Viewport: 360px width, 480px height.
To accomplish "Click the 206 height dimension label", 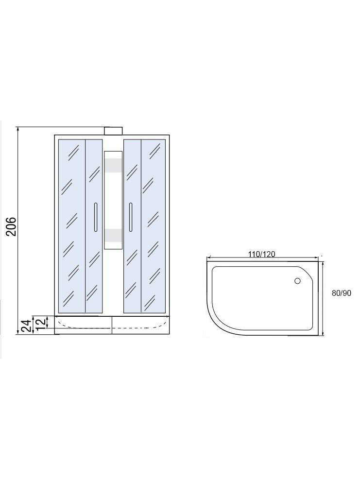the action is coord(11,226).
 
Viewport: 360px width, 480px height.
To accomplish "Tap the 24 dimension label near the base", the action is coord(26,326).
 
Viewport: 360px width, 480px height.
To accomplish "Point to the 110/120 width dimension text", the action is coord(262,254).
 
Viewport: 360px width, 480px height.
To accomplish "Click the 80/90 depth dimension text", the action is coord(342,293).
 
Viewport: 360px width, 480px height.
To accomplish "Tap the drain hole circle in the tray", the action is coord(297,280).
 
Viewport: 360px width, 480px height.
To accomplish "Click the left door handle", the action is coord(96,217).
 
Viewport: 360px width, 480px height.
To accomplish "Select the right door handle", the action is coord(131,217).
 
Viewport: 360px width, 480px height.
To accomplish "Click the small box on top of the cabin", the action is coord(113,131).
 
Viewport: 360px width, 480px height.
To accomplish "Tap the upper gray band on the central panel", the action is coord(113,164).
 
